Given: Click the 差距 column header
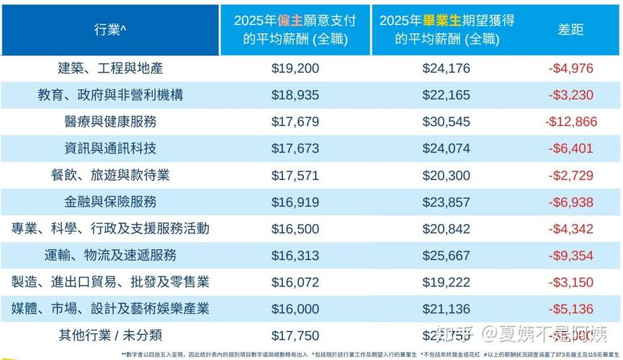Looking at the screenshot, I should (x=570, y=30).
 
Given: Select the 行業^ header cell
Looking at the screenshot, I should (x=110, y=30).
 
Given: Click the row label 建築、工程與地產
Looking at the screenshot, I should (x=110, y=68).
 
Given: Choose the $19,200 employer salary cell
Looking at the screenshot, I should (x=295, y=68).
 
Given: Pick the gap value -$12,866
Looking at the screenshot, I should (x=571, y=122).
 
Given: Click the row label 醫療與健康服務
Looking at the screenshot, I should (x=110, y=122).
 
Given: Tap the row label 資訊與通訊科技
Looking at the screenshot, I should (x=110, y=148).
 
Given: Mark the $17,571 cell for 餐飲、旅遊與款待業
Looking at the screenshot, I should (x=295, y=175).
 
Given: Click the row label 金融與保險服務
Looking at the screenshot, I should (x=110, y=202).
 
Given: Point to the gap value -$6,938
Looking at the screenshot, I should (x=571, y=202).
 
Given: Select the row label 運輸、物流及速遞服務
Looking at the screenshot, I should (x=110, y=255).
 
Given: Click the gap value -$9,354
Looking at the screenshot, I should (x=571, y=255).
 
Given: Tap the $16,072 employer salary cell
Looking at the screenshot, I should (x=295, y=282).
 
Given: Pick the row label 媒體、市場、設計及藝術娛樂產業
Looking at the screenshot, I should (x=110, y=308).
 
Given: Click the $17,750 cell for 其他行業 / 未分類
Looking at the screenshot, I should (x=295, y=335).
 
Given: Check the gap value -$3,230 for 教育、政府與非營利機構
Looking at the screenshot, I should (x=571, y=95).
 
